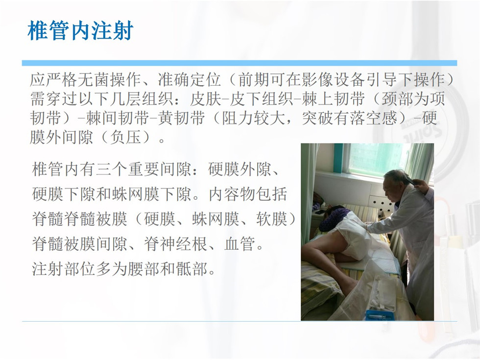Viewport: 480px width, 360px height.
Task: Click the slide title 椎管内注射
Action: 80,30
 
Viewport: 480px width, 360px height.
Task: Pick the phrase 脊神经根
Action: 175,244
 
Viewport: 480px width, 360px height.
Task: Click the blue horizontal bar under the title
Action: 240,63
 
